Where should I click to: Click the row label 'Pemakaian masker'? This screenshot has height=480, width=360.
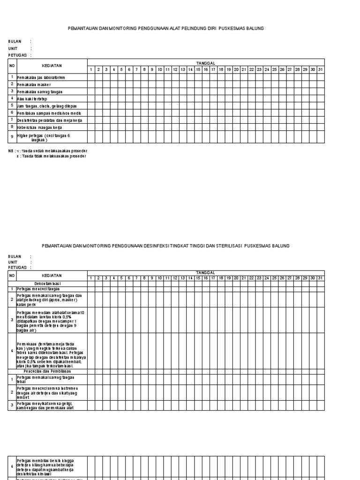pyautogui.click(x=33, y=84)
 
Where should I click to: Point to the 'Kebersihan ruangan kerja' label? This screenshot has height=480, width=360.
pyautogui.click(x=39, y=127)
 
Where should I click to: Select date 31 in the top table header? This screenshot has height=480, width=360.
pyautogui.click(x=320, y=70)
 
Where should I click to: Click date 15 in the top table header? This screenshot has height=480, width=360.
pyautogui.click(x=198, y=70)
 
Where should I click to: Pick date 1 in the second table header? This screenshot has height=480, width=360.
pyautogui.click(x=91, y=278)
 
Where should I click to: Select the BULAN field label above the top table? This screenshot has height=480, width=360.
pyautogui.click(x=15, y=42)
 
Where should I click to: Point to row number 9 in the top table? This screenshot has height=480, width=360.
pyautogui.click(x=12, y=136)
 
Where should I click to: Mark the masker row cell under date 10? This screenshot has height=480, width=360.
pyautogui.click(x=160, y=84)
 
